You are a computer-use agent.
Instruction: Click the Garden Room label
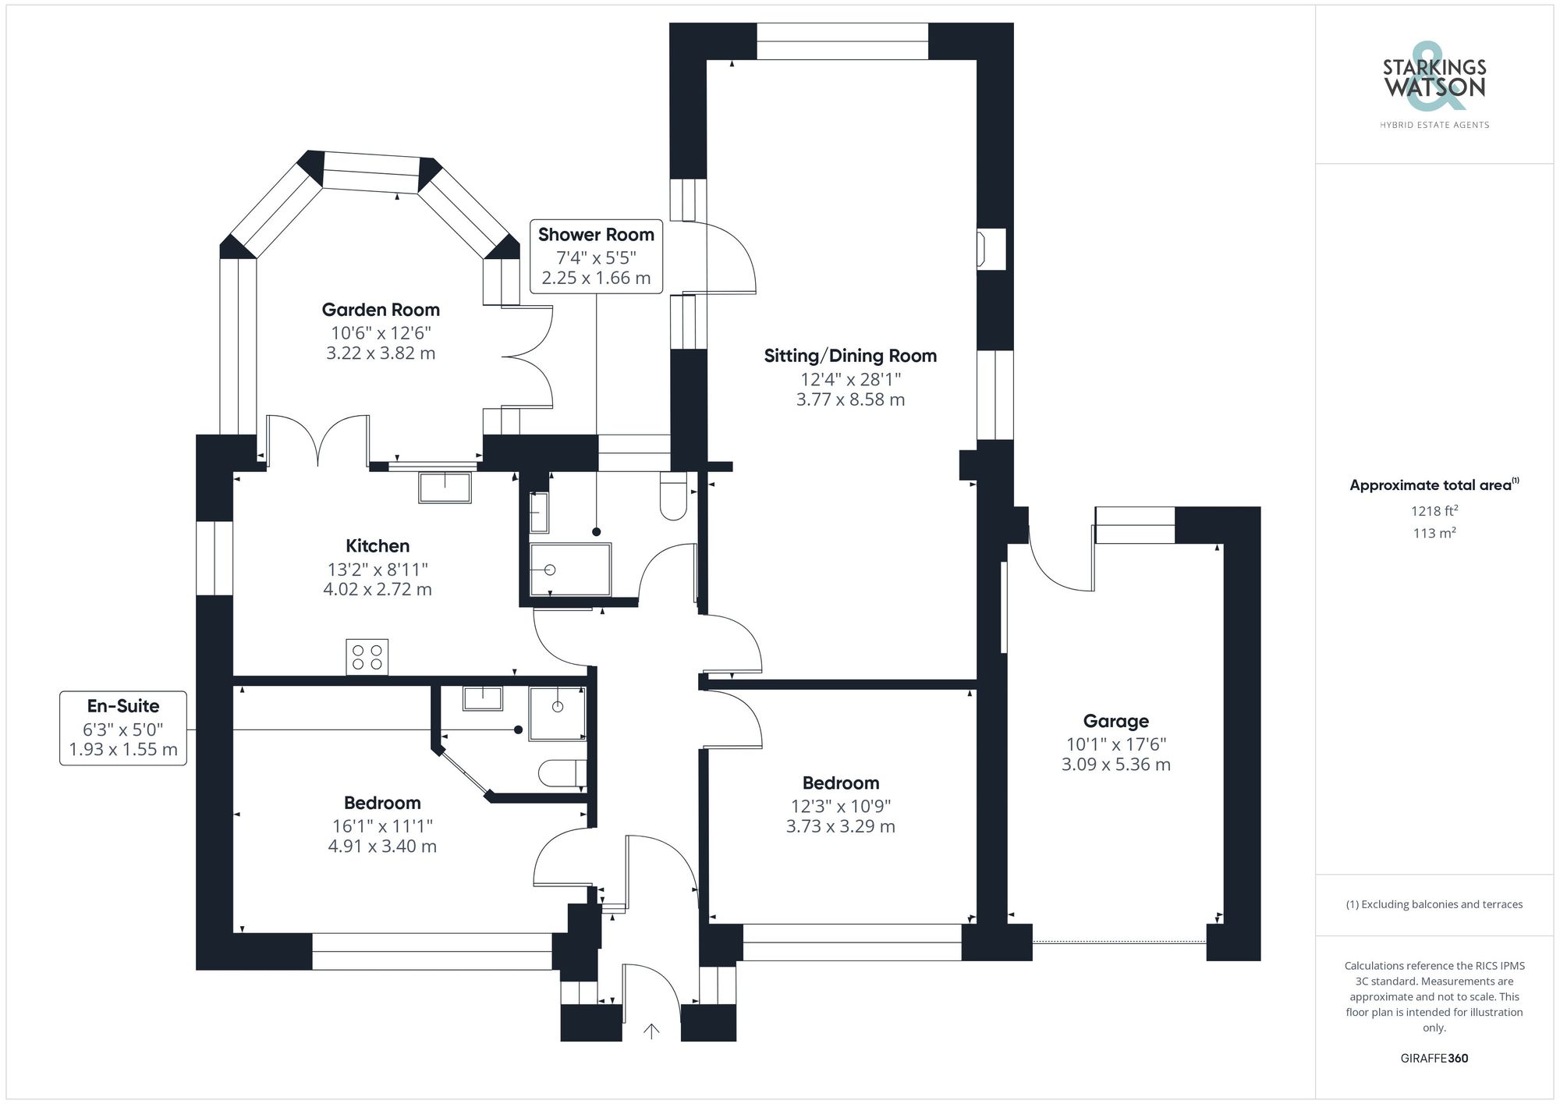381,310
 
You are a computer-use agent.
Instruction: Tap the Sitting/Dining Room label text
850,356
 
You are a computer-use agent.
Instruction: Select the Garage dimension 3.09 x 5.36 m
1115,765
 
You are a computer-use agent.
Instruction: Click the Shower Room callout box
596,256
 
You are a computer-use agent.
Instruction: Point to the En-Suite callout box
123,727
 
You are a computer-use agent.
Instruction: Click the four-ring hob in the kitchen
367,657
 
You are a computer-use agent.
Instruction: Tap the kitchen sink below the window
445,488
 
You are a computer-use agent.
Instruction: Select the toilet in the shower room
672,496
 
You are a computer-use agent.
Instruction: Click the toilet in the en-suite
560,772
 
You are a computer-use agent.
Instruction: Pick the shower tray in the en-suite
557,713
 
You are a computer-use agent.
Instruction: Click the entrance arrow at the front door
651,1031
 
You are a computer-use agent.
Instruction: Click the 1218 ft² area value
1434,511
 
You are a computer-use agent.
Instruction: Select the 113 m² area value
1434,533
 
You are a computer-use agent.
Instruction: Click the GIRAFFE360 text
1434,1058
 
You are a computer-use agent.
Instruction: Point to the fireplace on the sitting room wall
991,249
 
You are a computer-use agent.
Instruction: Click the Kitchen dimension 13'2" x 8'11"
378,569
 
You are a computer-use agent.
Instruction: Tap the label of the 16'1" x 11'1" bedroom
382,803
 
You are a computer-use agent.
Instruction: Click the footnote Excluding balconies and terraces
1434,904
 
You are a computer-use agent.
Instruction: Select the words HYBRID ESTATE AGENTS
1434,125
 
